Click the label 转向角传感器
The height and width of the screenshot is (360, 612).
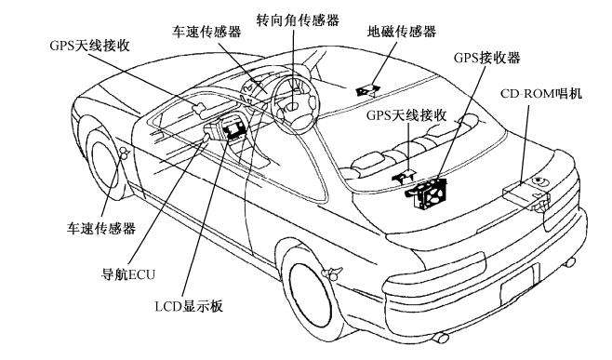(298, 19)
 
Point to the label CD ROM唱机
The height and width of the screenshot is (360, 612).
(543, 94)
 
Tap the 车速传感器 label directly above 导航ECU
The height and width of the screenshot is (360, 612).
(100, 228)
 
